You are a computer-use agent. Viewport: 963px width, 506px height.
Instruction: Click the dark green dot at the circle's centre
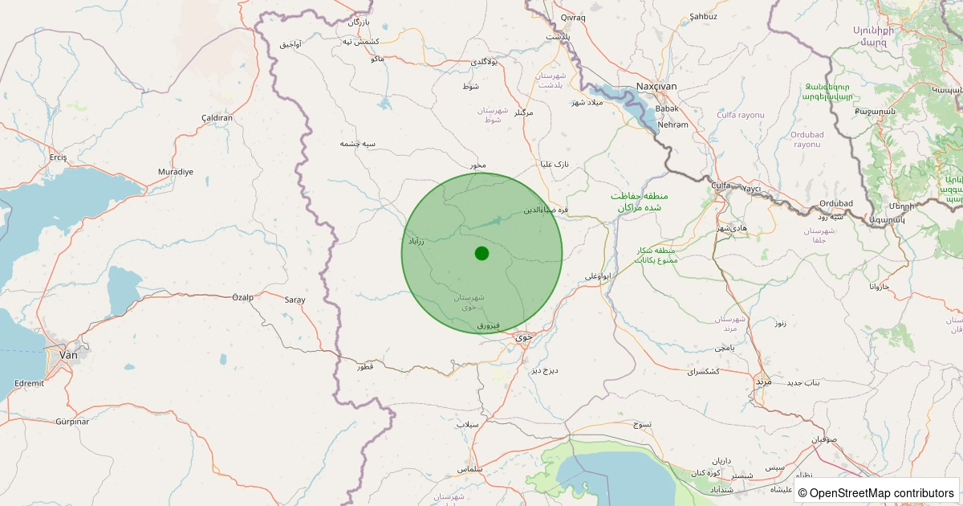481,254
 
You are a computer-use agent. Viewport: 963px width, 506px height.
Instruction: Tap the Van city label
68,353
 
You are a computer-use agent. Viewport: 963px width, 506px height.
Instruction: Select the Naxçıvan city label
656,86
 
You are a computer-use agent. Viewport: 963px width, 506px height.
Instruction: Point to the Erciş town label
58,157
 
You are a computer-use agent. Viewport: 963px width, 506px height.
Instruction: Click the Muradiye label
175,172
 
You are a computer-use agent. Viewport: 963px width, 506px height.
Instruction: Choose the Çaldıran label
217,118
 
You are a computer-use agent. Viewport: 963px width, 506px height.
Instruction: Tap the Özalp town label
242,297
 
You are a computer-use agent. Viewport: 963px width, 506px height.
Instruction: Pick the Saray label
295,300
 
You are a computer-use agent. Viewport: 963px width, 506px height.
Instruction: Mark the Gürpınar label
77,421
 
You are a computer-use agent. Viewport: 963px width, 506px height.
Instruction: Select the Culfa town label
721,186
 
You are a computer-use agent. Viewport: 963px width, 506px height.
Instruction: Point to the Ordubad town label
836,203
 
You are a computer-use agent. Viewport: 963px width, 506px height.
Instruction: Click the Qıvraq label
574,18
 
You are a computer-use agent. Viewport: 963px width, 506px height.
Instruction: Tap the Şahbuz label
703,16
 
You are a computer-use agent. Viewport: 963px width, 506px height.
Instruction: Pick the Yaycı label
751,189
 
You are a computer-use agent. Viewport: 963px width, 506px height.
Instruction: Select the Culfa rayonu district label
741,115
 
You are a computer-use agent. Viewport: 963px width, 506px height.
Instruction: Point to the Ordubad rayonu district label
807,139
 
